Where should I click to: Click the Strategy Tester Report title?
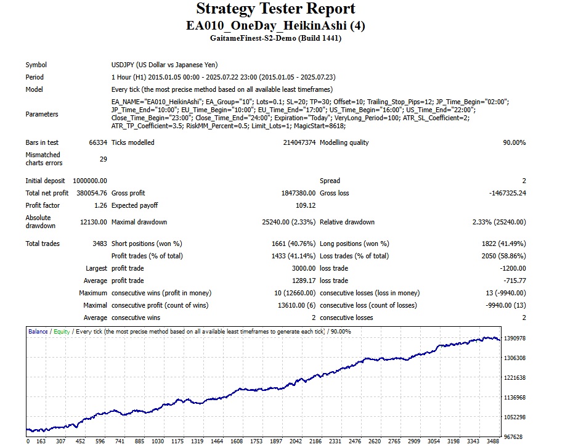click(275, 9)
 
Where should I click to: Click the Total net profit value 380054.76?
click(90, 193)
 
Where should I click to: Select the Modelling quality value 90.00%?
click(514, 142)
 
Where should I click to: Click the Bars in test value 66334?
click(97, 142)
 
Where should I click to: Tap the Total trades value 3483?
click(99, 244)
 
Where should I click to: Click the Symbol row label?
click(36, 65)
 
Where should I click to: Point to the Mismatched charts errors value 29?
click(102, 159)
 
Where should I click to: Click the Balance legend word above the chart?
click(38, 332)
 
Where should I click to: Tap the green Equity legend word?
click(62, 332)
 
